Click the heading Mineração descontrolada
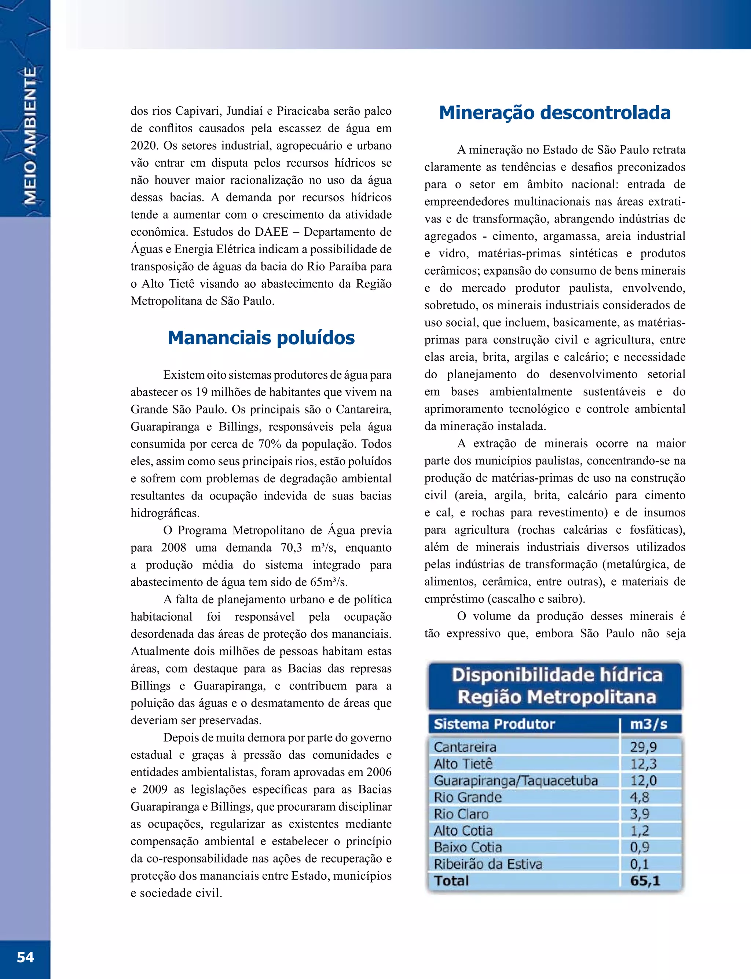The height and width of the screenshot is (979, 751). [x=555, y=113]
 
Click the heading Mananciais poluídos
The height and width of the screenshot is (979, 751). [x=261, y=338]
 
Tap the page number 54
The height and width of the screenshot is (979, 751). [x=25, y=957]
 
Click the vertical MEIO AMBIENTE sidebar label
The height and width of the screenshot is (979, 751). [x=30, y=136]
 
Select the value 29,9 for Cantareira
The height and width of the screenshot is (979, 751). [x=643, y=747]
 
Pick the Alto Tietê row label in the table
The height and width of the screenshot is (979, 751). [x=463, y=763]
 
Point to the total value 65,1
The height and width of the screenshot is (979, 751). [x=645, y=881]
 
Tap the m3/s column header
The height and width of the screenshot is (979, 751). [x=648, y=724]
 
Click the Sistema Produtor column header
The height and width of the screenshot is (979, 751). [x=494, y=724]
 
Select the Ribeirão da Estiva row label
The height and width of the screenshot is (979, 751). [x=488, y=864]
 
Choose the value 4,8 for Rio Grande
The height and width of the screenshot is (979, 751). [x=639, y=797]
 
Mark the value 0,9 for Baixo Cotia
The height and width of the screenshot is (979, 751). [x=639, y=847]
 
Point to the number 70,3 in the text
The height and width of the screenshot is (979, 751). [x=291, y=547]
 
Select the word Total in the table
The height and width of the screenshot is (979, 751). [x=451, y=881]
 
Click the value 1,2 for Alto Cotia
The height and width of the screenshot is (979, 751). [x=639, y=831]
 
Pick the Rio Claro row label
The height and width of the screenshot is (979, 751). [x=461, y=814]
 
